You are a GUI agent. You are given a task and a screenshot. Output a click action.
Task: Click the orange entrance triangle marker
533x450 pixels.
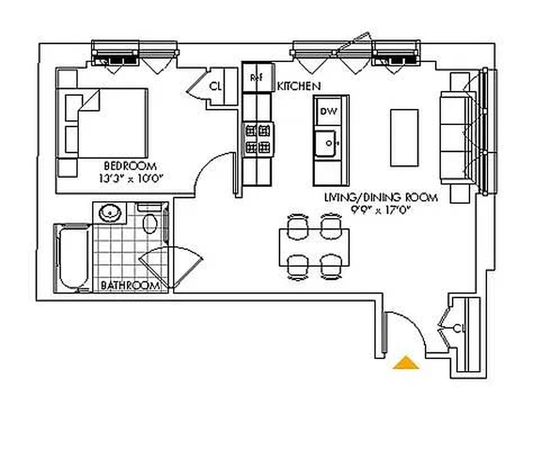pos(406,363)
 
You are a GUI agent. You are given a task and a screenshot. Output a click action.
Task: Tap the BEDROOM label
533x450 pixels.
pos(130,166)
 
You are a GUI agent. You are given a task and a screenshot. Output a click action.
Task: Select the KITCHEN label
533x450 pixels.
pos(299,86)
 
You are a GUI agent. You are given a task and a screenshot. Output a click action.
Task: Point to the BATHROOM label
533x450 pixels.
pos(130,286)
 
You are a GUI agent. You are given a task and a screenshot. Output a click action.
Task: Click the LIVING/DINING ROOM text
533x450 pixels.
pos(380,197)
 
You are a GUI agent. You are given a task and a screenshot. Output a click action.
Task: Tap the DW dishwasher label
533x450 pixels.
pos(328,112)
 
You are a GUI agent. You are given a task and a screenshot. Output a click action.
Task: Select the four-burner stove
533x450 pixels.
pos(258,139)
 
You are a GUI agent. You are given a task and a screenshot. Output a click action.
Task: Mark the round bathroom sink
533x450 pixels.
pos(110,213)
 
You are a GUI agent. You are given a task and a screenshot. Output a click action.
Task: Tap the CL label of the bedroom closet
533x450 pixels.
pos(215,86)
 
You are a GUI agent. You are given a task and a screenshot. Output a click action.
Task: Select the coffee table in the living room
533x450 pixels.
pos(404,137)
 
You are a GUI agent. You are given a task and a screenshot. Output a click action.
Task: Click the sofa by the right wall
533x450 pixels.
pos(457,137)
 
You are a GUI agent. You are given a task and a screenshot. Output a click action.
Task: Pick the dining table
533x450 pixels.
pos(314,247)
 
